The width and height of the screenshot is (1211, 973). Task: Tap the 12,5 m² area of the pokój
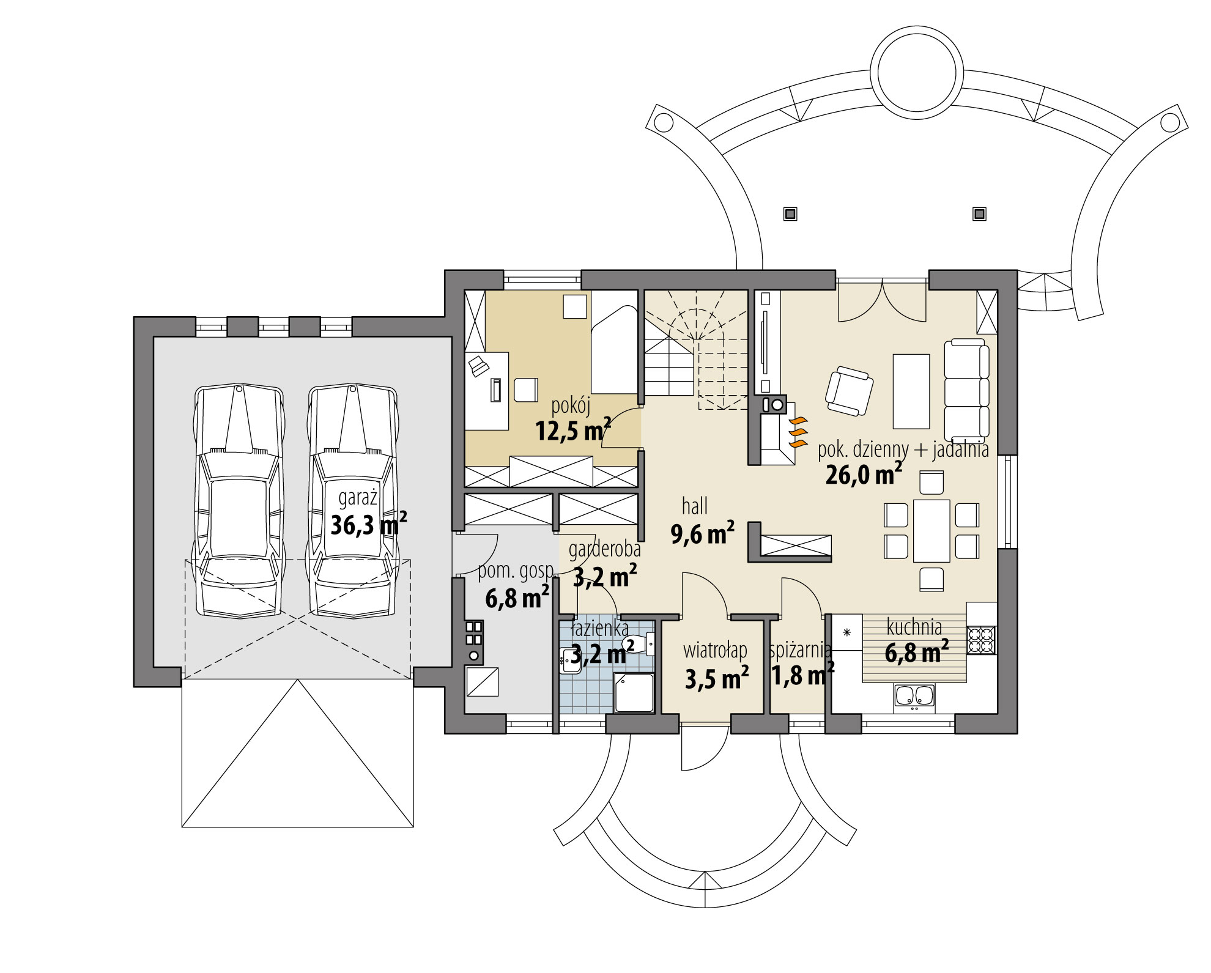tap(573, 431)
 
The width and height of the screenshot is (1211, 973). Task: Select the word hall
tap(695, 506)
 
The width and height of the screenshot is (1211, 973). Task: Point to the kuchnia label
tap(914, 627)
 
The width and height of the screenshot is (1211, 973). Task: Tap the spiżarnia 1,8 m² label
tap(801, 664)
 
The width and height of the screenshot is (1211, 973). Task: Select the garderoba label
tap(604, 549)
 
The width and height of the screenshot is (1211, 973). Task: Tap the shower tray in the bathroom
tap(634, 693)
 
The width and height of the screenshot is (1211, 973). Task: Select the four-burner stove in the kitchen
tap(981, 639)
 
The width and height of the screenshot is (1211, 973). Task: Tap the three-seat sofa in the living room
tap(966, 390)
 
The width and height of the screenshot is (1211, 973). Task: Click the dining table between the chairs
tap(931, 531)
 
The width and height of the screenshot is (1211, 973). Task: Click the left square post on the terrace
tap(790, 214)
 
